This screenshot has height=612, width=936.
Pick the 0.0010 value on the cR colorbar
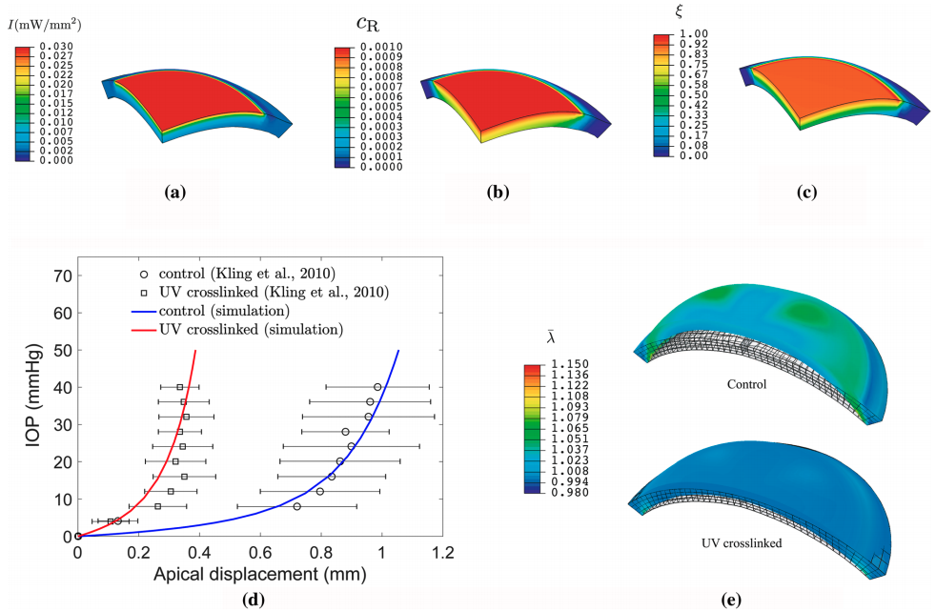point(383,47)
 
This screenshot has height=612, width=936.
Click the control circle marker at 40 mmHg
point(378,387)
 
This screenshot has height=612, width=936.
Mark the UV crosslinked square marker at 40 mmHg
point(179,387)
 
